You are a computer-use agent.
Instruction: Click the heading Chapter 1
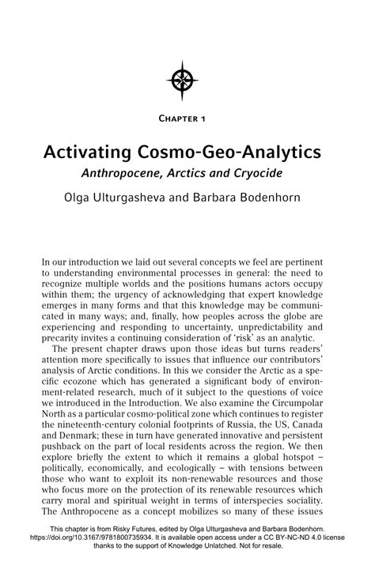point(187,119)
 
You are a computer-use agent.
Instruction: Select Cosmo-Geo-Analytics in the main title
point(233,150)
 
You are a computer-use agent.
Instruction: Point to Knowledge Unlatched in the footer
point(189,549)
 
